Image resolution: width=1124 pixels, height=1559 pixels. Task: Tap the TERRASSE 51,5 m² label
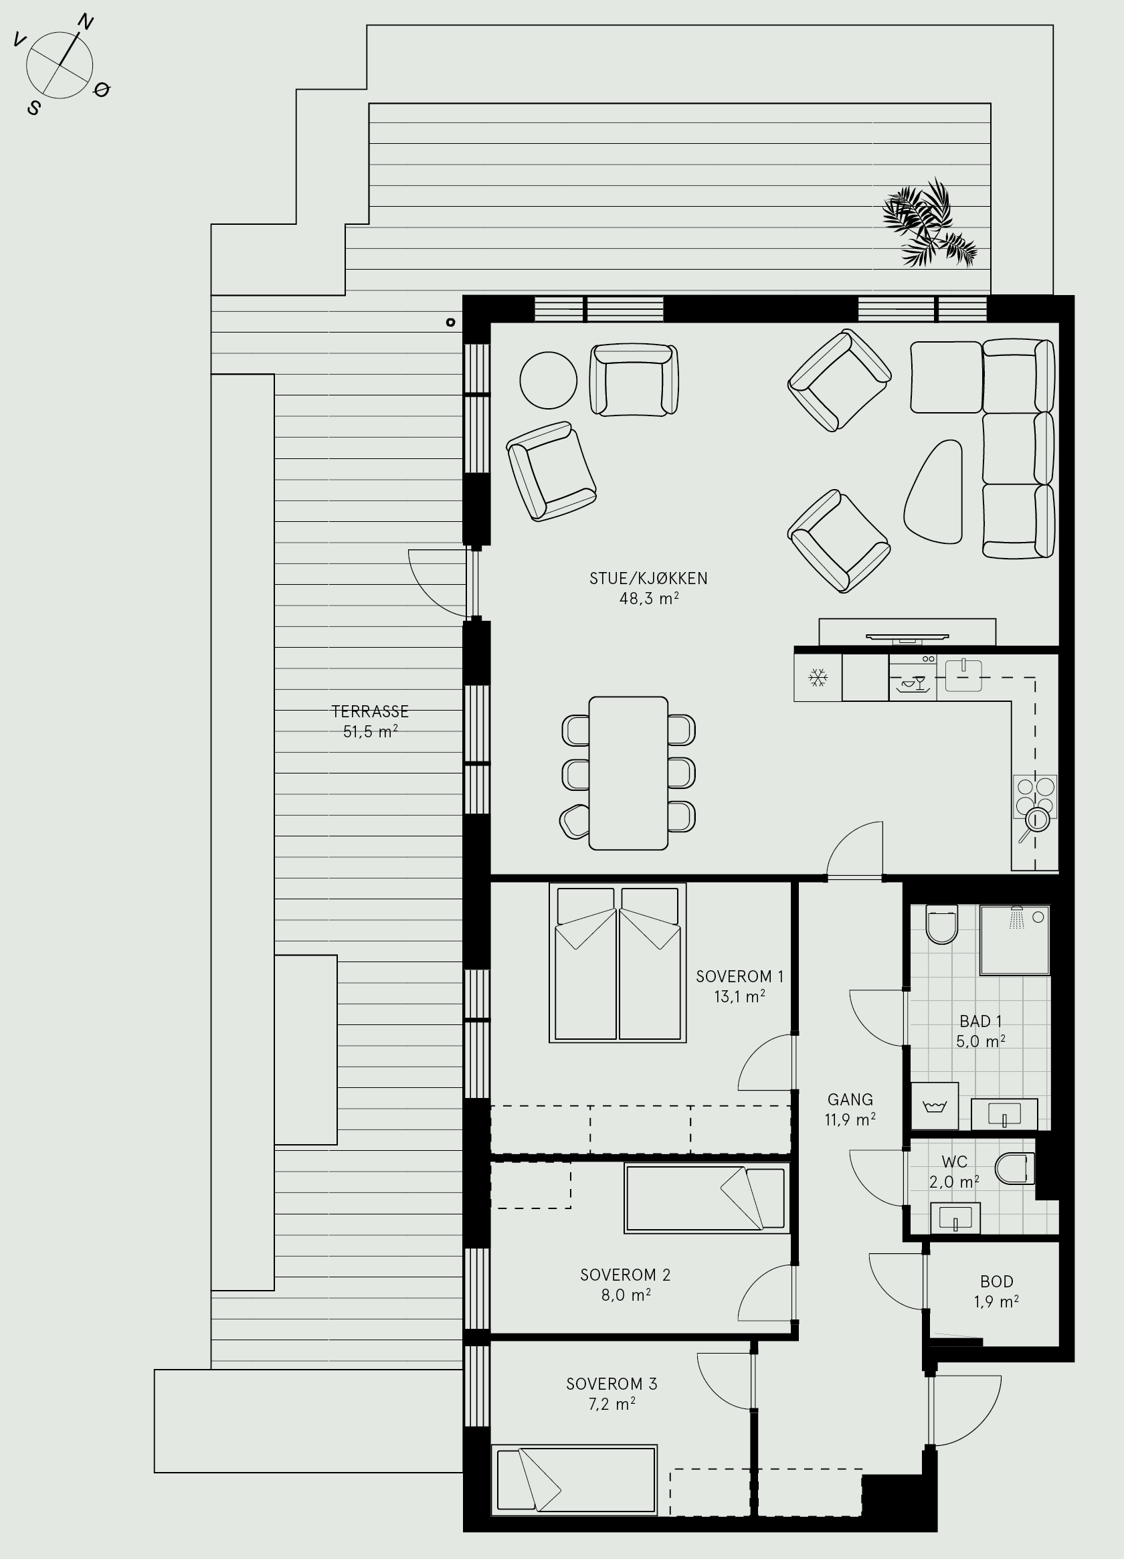(x=370, y=722)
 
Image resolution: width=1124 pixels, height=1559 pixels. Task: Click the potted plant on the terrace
(x=929, y=223)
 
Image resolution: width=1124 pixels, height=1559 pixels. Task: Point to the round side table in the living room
(x=548, y=380)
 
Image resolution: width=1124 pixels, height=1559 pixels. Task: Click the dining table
(x=628, y=773)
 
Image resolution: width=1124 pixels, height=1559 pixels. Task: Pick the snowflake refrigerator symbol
(x=818, y=678)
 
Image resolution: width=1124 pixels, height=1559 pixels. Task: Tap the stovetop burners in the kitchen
(x=1035, y=798)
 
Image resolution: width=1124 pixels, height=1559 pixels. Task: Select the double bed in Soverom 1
(x=618, y=963)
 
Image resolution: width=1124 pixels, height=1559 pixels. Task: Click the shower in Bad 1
(x=1015, y=939)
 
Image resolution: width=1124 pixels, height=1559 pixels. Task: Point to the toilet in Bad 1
(x=942, y=925)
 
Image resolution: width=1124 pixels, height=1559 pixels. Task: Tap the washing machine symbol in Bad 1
(x=935, y=1106)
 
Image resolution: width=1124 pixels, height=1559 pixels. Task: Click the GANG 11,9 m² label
(x=850, y=1109)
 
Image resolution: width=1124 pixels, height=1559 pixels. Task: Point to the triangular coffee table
(x=933, y=492)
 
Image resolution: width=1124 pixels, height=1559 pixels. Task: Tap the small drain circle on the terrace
(x=451, y=322)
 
